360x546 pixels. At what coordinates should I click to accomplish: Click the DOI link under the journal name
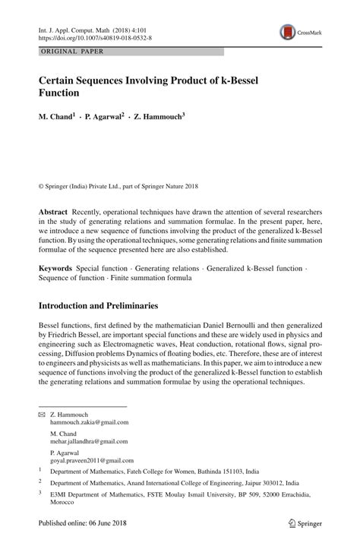[86, 36]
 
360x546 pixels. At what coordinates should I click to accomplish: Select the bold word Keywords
[56, 268]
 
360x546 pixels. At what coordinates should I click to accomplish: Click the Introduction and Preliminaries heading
[99, 306]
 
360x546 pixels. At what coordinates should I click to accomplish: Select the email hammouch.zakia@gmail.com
[90, 422]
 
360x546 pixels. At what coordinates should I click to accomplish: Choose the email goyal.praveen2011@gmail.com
[92, 460]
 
